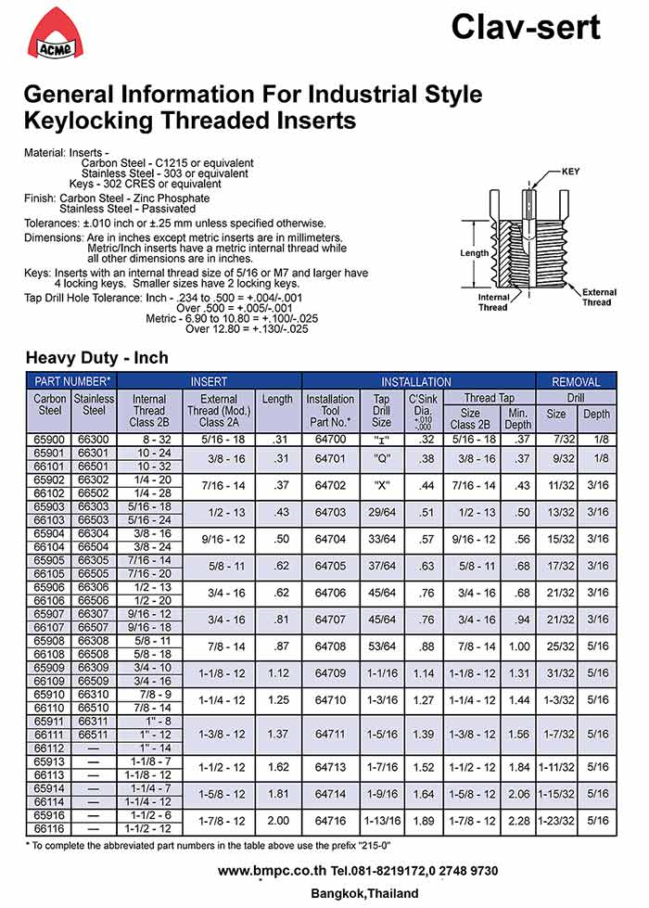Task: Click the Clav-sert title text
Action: (x=525, y=27)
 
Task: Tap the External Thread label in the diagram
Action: (x=596, y=297)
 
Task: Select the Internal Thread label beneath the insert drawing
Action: (x=493, y=302)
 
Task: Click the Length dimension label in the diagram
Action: (x=474, y=252)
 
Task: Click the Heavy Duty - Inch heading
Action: (x=96, y=357)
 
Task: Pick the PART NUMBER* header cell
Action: (x=72, y=381)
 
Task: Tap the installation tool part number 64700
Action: (x=330, y=439)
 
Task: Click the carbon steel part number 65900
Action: (x=49, y=439)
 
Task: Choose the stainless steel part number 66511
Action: (x=94, y=734)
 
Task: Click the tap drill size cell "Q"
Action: (x=381, y=459)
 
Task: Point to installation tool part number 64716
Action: (x=330, y=821)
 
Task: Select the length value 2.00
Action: (x=276, y=821)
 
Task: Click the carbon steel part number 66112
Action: (x=49, y=748)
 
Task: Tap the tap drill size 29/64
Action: (x=381, y=512)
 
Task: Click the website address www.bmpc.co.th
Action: (x=274, y=871)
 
